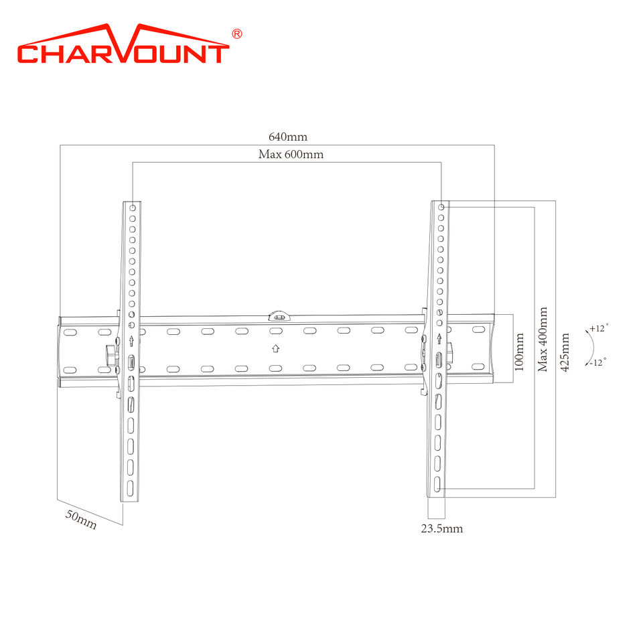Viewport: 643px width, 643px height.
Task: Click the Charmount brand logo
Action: [x=123, y=44]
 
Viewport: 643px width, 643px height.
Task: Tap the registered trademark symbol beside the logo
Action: [x=237, y=33]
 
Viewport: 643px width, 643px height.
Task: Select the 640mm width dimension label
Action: [x=288, y=137]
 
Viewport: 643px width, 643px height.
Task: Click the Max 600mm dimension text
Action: [x=291, y=154]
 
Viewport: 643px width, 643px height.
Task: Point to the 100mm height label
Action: [x=519, y=352]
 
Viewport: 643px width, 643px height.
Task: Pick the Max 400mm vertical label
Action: [x=543, y=340]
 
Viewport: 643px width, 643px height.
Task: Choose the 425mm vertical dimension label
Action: [x=565, y=352]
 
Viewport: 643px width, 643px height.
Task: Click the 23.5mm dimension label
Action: [x=442, y=528]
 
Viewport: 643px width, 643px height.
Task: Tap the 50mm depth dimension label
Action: [x=81, y=520]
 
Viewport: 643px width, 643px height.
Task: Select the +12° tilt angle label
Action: [x=599, y=328]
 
